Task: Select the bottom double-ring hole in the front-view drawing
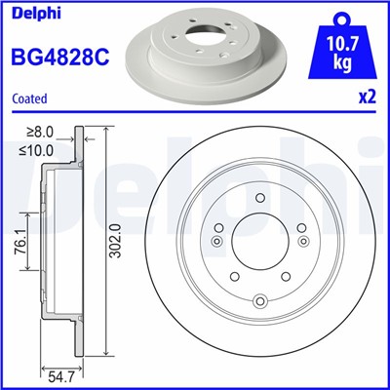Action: [258, 301]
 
